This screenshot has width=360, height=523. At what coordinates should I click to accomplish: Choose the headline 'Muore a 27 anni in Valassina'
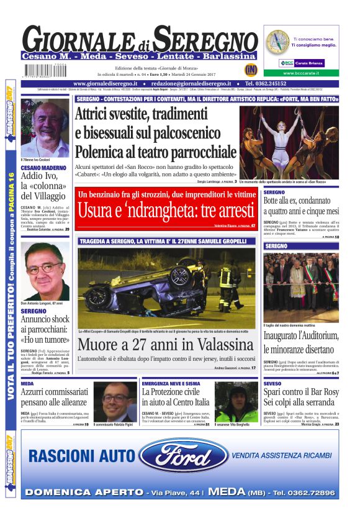166,345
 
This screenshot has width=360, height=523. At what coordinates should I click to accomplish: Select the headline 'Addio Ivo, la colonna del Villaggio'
44,186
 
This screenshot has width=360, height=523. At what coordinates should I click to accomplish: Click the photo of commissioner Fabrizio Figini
115,401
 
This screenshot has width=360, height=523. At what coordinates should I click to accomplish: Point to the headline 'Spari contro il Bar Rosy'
301,398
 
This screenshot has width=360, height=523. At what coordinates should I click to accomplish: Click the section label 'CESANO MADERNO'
44,168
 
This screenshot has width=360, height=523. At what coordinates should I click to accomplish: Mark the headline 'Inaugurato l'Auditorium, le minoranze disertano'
301,342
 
